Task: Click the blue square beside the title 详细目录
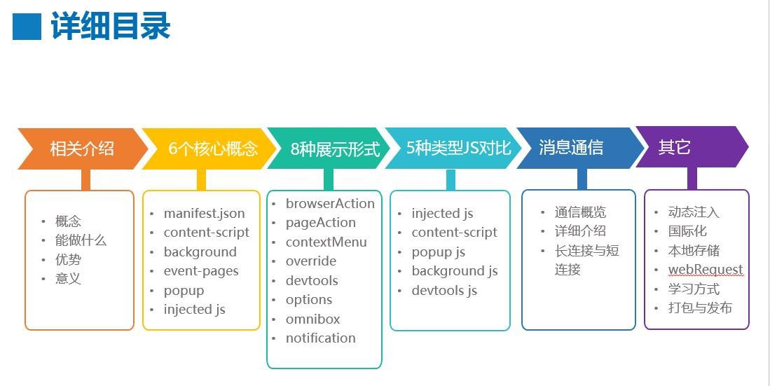(27, 27)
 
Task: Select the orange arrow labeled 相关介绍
(82, 149)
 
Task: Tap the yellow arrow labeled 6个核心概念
(213, 149)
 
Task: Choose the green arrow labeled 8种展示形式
(335, 149)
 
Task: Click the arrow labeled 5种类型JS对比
(458, 148)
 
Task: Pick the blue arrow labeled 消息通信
(571, 148)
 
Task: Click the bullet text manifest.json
(205, 213)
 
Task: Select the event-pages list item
(201, 271)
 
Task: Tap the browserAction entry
(330, 204)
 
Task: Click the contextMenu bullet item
(326, 242)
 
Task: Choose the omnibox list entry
(312, 319)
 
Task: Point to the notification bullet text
(320, 338)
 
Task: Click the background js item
(455, 271)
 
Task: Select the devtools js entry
(444, 290)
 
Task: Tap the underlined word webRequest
(706, 270)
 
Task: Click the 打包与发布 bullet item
(700, 308)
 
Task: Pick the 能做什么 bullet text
(81, 240)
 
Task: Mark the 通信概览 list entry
(580, 212)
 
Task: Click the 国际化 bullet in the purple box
(687, 231)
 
